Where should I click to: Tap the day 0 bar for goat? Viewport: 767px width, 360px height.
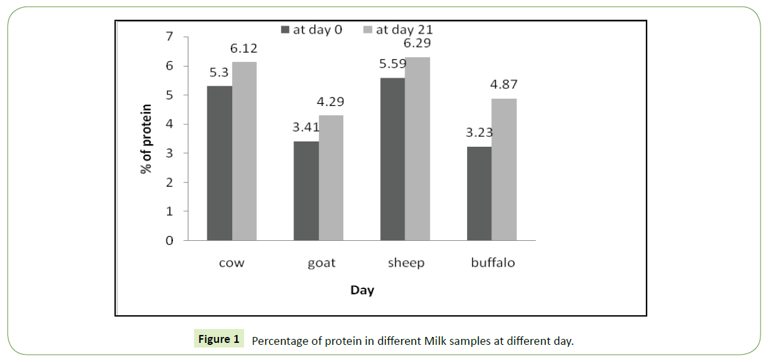pos(307,191)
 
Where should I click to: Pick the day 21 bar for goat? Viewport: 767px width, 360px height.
pos(331,178)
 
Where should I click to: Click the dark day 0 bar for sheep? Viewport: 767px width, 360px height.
pos(393,159)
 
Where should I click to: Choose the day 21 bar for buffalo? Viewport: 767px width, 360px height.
pos(504,170)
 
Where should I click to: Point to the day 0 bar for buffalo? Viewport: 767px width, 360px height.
pos(480,193)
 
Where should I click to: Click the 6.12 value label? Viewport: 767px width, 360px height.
pos(244,49)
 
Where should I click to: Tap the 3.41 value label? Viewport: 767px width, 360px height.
pos(306,128)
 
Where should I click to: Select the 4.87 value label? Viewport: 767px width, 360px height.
pos(505,85)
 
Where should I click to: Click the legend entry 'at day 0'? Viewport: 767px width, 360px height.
pos(311,30)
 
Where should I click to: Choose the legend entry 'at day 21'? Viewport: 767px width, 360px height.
pos(397,30)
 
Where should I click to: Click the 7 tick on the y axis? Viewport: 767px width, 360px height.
pos(170,37)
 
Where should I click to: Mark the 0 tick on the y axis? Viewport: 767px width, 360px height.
pos(170,241)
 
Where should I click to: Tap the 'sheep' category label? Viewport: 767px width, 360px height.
pos(405,263)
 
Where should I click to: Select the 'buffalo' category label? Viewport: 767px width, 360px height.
pos(493,263)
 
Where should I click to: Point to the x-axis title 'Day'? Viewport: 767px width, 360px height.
pos(362,290)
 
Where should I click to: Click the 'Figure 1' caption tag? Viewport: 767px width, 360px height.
pos(219,340)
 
